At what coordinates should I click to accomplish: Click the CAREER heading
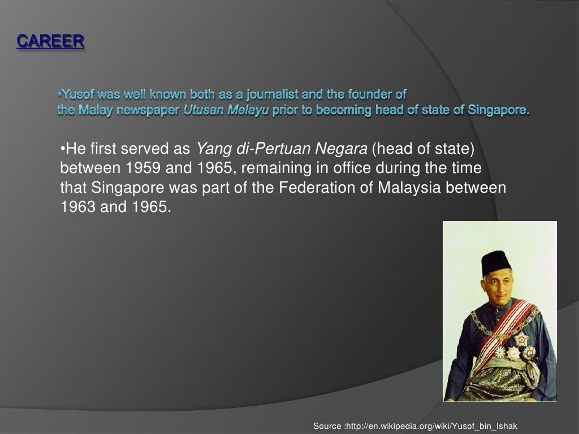click(50, 42)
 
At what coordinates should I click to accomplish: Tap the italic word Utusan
click(204, 110)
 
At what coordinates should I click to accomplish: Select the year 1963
click(77, 207)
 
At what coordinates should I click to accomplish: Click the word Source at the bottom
click(327, 426)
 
